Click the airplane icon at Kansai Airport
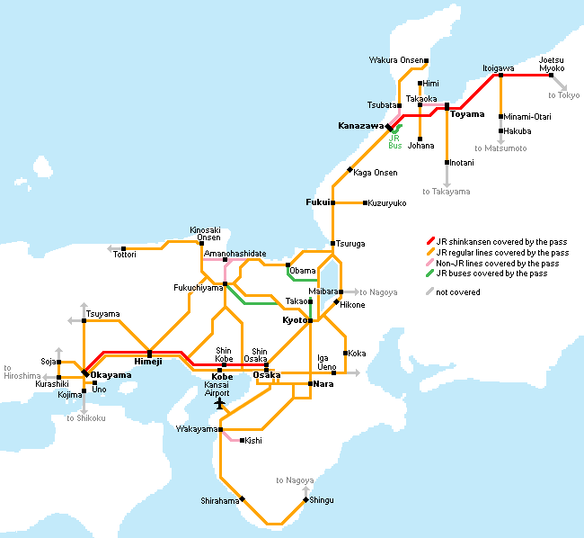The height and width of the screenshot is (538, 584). pos(220,403)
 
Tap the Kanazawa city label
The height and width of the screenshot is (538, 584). pos(360,126)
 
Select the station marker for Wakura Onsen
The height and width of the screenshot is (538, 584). pos(426,61)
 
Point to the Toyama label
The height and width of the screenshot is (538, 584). pos(467,114)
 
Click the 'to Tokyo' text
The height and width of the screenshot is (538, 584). pos(564,95)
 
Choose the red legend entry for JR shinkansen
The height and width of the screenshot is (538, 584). pos(497,242)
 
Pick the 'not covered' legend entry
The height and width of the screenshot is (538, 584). pos(453,291)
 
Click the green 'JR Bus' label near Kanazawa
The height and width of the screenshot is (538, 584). pos(394,141)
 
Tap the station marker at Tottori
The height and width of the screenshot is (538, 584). pos(124,248)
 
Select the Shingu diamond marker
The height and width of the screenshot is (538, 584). pos(305,499)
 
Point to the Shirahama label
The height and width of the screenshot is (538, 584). pos(220,501)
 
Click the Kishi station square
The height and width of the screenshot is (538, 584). pos(242,440)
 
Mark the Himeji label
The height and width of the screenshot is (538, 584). pos(148,362)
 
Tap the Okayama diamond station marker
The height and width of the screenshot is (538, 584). pos(85,372)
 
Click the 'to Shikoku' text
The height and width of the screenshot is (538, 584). pos(86,418)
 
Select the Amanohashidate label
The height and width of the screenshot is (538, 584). pos(235,254)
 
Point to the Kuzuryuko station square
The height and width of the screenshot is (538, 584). pos(365,202)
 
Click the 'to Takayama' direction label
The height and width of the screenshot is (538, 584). pos(447,192)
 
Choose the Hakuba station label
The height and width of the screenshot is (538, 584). pos(518,131)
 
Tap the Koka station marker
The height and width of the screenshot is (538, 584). pos(346,353)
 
